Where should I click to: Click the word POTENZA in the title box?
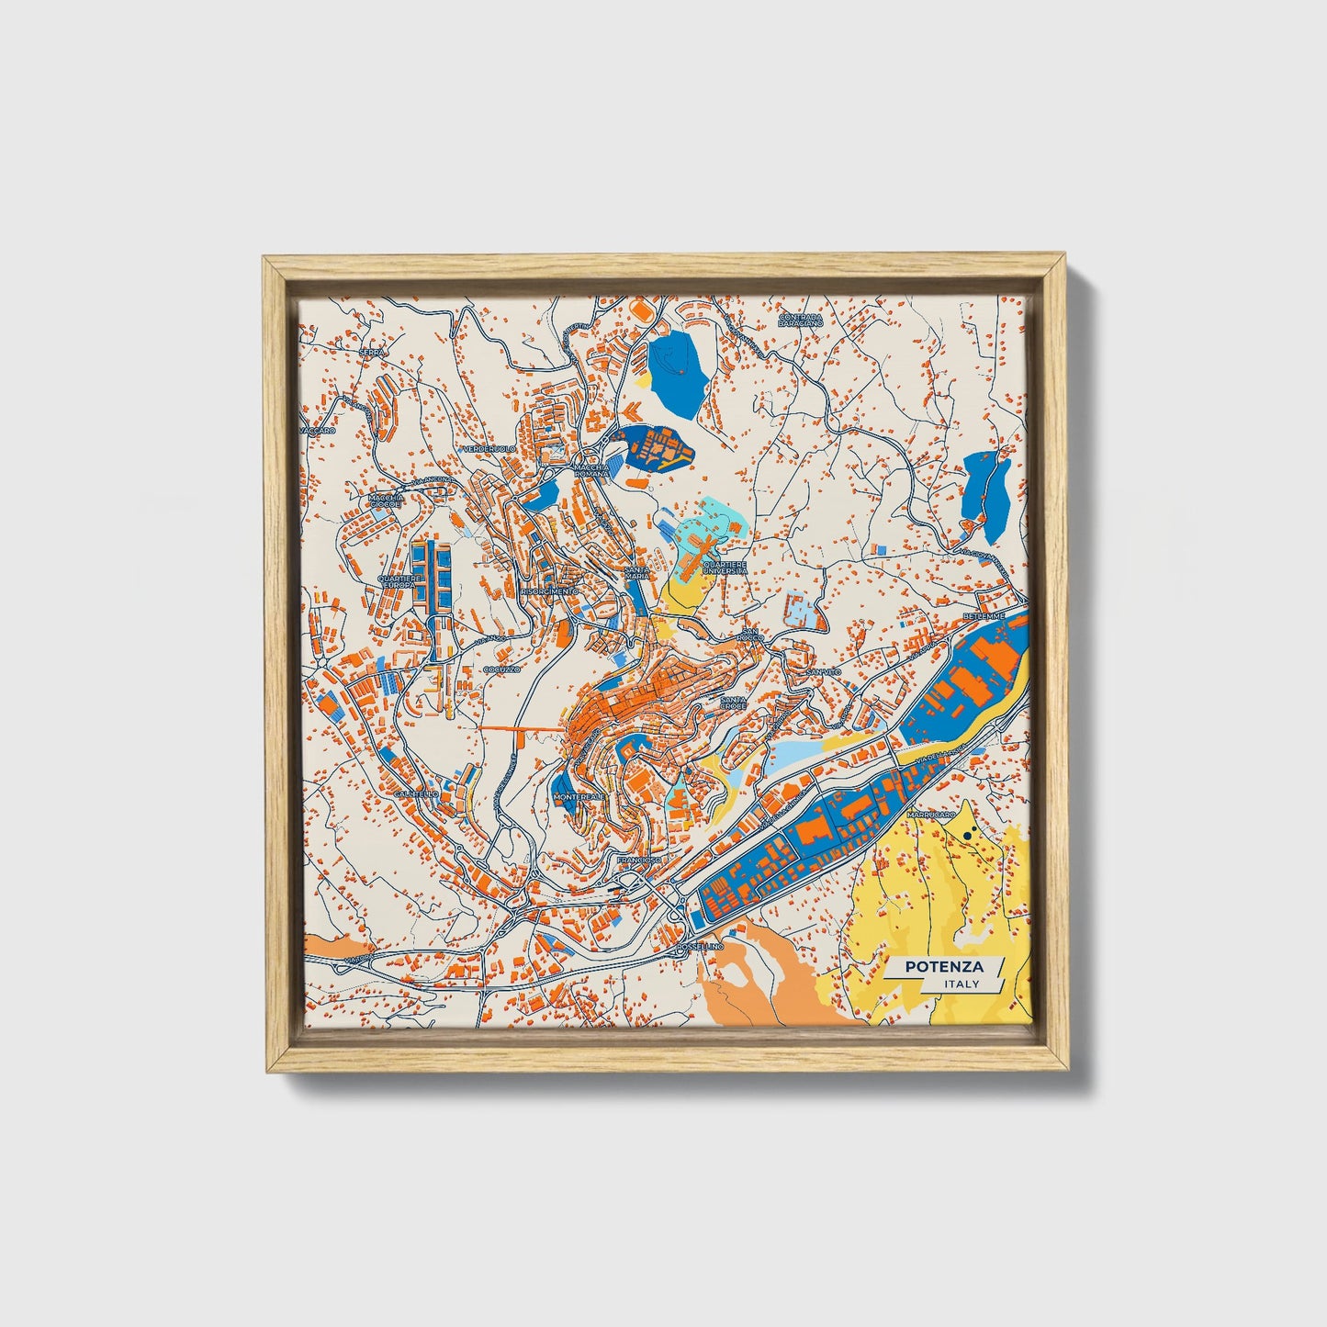pyautogui.click(x=944, y=967)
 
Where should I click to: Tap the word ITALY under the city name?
pyautogui.click(x=962, y=984)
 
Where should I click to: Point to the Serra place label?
pyautogui.click(x=372, y=352)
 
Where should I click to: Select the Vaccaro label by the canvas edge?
pyautogui.click(x=318, y=430)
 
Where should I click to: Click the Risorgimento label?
pyautogui.click(x=549, y=592)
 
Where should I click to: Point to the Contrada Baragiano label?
pyautogui.click(x=800, y=321)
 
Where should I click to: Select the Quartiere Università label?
pyautogui.click(x=725, y=568)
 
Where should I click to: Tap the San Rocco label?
pyautogui.click(x=751, y=635)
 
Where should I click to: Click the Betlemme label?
pyautogui.click(x=984, y=615)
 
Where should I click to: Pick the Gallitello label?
pyautogui.click(x=415, y=793)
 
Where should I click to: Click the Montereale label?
pyautogui.click(x=579, y=797)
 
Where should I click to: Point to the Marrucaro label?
pyautogui.click(x=930, y=815)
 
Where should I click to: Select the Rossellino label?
pyautogui.click(x=700, y=946)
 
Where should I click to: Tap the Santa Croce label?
pyautogui.click(x=734, y=703)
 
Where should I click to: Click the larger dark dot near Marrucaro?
pyautogui.click(x=969, y=836)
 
